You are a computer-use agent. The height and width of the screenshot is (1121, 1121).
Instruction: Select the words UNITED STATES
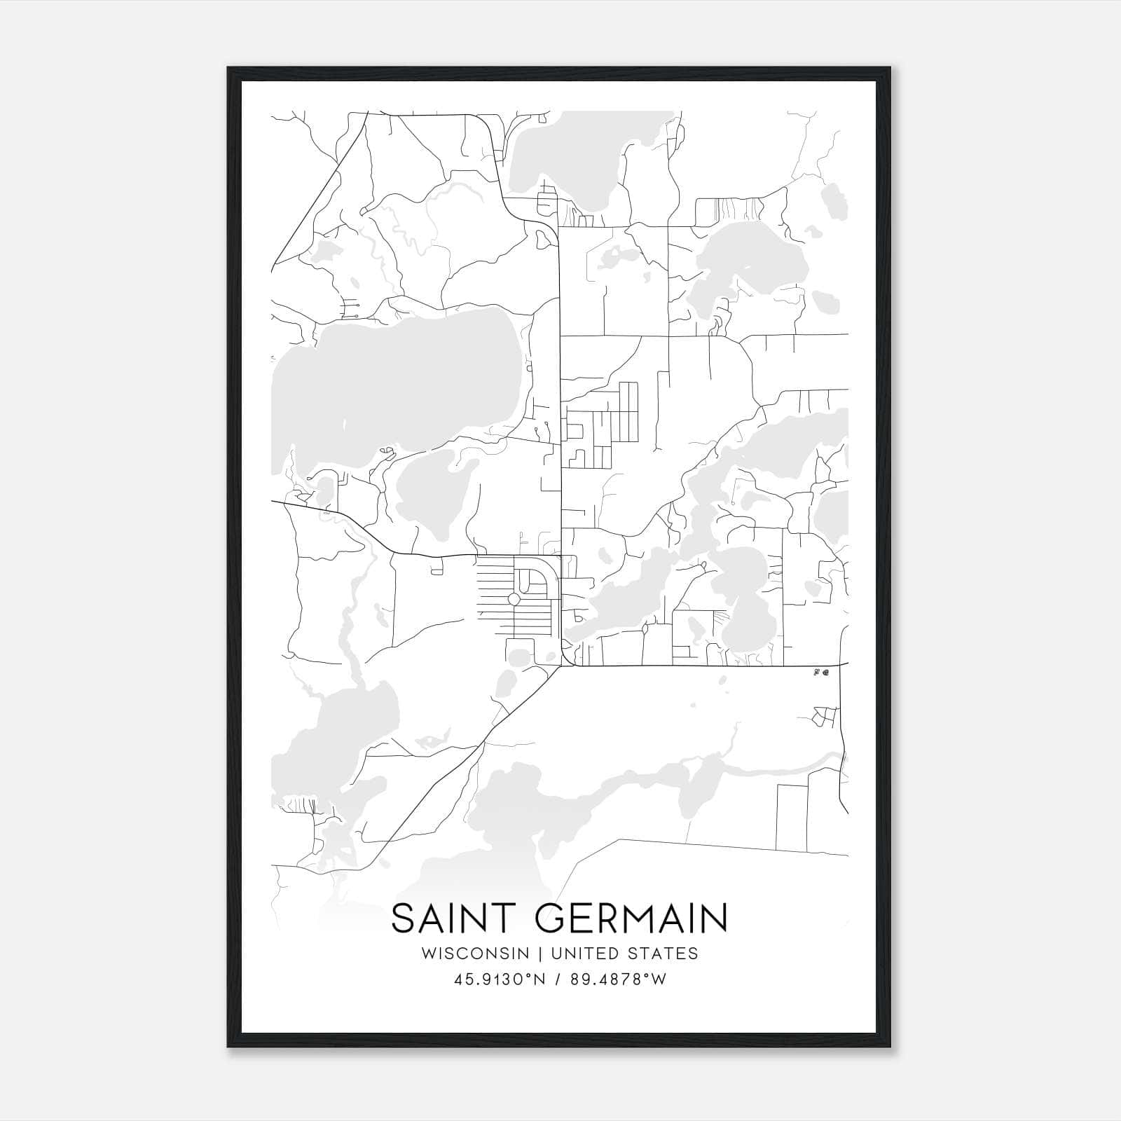(x=624, y=954)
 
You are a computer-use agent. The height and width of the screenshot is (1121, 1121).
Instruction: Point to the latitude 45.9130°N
(x=499, y=979)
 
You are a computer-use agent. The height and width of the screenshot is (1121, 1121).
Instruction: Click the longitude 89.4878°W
(x=619, y=979)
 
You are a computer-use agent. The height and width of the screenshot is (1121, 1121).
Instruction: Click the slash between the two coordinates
(x=558, y=979)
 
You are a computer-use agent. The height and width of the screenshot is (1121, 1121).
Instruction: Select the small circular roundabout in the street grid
(x=514, y=599)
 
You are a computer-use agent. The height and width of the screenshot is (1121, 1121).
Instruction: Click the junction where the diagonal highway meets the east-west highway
(x=560, y=666)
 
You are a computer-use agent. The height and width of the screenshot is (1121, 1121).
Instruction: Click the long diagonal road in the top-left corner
(x=319, y=189)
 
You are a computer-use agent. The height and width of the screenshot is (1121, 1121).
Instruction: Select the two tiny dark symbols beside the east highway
(x=820, y=673)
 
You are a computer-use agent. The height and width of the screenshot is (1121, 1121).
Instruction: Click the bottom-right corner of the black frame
(x=892, y=1047)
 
